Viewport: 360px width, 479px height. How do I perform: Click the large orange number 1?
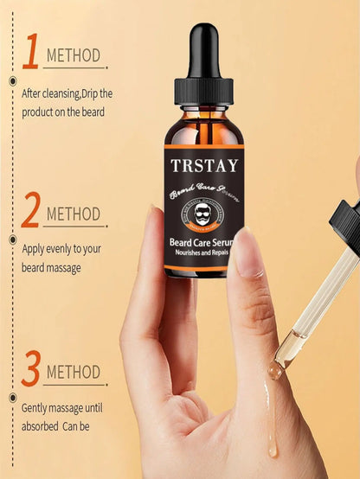(30, 53)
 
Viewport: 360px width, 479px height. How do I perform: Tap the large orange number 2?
(30, 211)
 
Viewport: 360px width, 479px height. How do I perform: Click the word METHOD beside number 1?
(74, 57)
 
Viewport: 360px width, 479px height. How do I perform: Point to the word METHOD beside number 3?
(74, 374)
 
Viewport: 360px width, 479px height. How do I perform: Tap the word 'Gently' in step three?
(38, 406)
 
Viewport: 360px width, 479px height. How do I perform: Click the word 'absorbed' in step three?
(42, 425)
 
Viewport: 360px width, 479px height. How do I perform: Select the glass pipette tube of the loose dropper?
(315, 302)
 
